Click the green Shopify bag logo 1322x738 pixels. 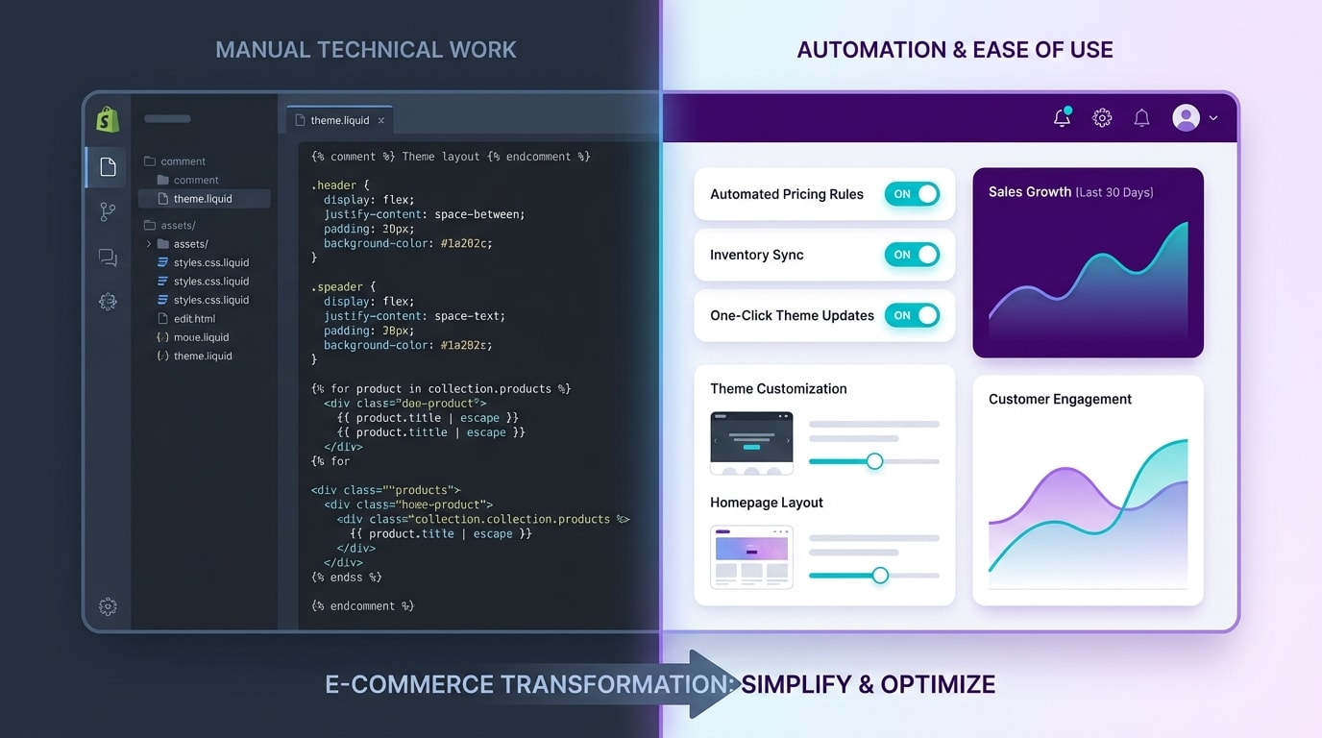[108, 119]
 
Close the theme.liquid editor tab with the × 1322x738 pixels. [381, 121]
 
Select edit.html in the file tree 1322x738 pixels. [194, 319]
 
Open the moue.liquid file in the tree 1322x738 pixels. [201, 337]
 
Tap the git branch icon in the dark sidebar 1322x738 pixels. [108, 212]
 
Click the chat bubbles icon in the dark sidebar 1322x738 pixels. [108, 258]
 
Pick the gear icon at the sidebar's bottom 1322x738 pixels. [108, 606]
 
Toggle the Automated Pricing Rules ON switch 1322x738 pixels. [912, 194]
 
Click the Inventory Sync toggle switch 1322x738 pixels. [912, 255]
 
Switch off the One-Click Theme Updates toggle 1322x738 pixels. [912, 315]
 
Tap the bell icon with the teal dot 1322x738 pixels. [1062, 118]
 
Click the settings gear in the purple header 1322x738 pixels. [1102, 118]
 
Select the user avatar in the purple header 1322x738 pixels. [1187, 118]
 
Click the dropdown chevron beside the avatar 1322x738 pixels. [1213, 118]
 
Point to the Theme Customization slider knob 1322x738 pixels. [874, 461]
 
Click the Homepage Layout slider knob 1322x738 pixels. [880, 576]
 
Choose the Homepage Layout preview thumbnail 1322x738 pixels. [751, 556]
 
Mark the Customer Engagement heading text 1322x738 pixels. [1060, 399]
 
